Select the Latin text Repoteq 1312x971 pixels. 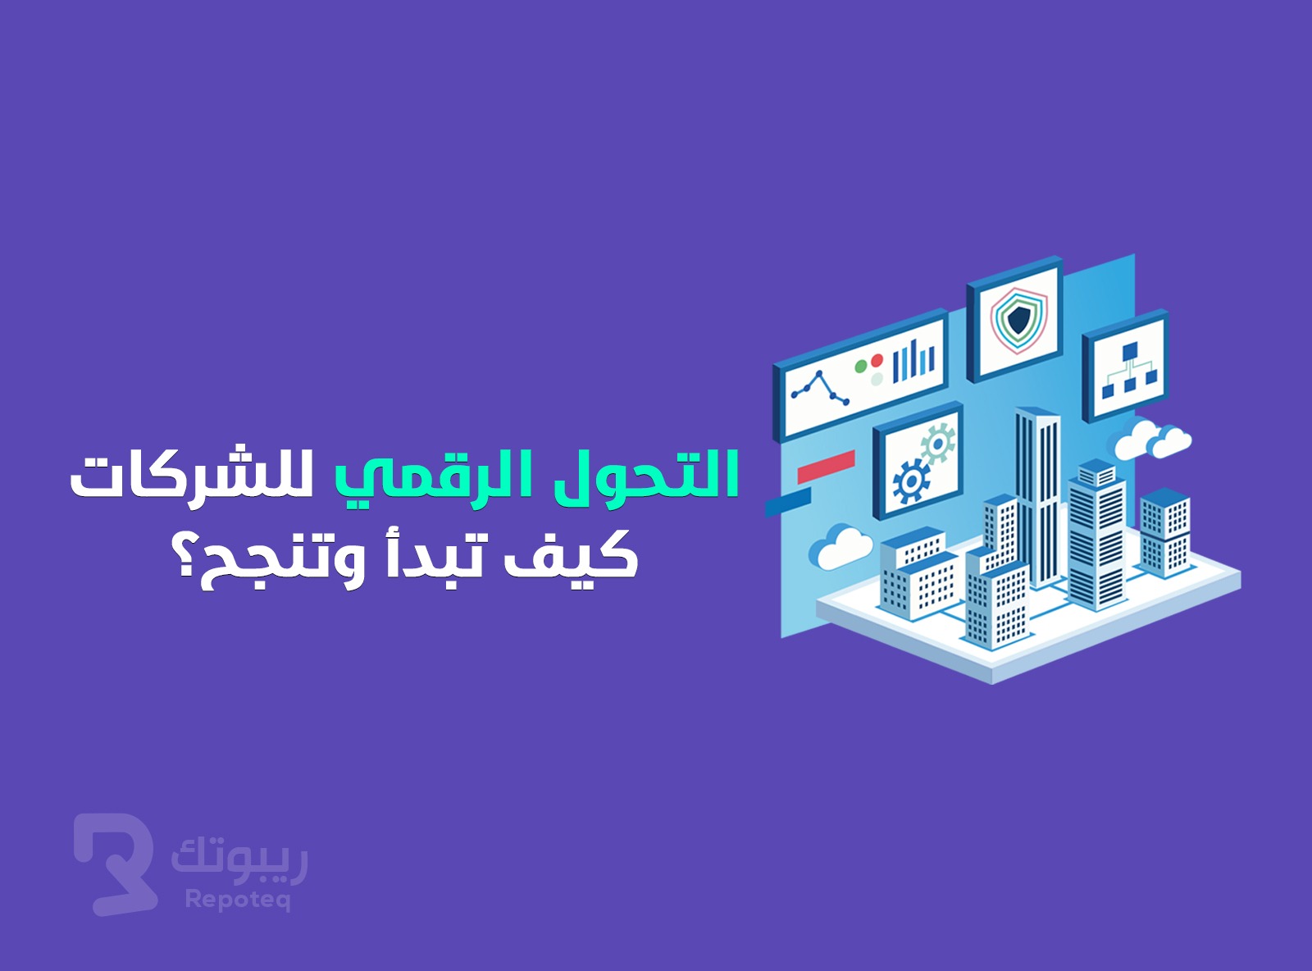tap(238, 900)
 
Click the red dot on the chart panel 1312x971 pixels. tap(877, 360)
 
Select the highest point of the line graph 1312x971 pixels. tap(818, 374)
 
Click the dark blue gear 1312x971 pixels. tap(910, 481)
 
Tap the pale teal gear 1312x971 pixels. tap(937, 442)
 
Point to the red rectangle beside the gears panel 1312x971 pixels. tap(826, 467)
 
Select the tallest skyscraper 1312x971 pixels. tap(1037, 497)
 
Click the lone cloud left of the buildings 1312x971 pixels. tap(840, 547)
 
